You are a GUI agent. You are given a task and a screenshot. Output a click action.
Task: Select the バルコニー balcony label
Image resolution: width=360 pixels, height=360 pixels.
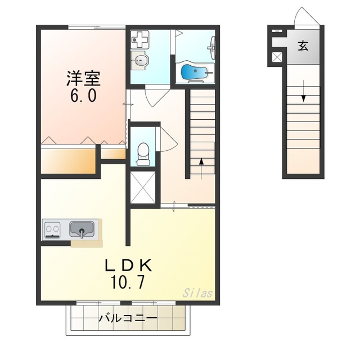(127, 318)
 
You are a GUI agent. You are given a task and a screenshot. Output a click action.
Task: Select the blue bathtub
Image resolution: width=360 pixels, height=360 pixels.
(193, 72)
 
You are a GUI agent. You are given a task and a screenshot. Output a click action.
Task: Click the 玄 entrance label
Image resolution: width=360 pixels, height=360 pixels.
(303, 46)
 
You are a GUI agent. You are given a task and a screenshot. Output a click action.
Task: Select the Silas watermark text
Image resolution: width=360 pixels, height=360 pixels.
(197, 293)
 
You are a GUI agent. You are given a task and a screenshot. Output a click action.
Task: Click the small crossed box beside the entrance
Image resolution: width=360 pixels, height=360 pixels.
(277, 56)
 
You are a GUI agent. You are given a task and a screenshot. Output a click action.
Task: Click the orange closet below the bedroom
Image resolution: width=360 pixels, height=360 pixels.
(67, 161)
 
